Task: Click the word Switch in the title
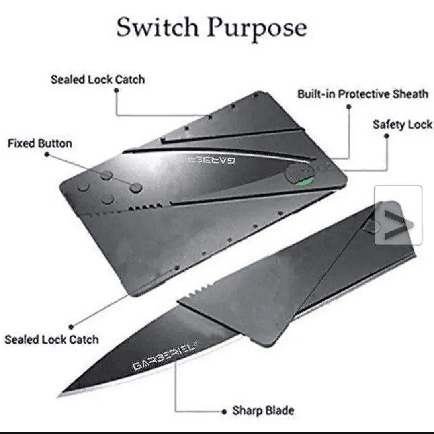click(x=158, y=27)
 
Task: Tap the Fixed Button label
click(x=40, y=143)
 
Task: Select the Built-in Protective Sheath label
click(x=363, y=94)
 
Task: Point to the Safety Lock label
click(x=402, y=125)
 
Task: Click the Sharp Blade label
click(x=263, y=411)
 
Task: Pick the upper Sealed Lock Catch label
click(x=98, y=80)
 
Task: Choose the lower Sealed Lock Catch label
click(x=52, y=339)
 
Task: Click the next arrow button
click(x=398, y=215)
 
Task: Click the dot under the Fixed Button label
click(x=47, y=154)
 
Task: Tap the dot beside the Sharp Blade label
click(x=224, y=411)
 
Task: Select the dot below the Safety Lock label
click(x=387, y=136)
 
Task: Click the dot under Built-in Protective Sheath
click(x=349, y=106)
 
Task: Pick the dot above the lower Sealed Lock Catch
click(x=71, y=327)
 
